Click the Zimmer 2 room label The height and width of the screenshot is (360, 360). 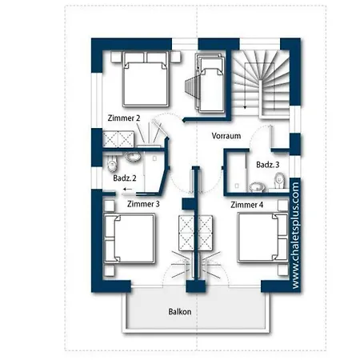[x=124, y=118]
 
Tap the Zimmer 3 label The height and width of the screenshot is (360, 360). [x=143, y=204]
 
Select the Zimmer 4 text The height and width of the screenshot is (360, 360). [x=246, y=205]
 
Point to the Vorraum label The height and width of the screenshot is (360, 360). [x=226, y=136]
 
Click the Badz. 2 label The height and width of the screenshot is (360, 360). [x=125, y=178]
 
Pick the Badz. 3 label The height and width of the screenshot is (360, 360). [x=267, y=165]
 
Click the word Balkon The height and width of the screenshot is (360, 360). [x=180, y=311]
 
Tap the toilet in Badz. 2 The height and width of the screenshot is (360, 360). [x=112, y=164]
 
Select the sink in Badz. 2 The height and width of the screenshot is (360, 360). [x=133, y=157]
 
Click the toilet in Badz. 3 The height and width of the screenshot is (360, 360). [x=279, y=181]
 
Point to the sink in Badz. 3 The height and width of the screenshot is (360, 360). [x=257, y=187]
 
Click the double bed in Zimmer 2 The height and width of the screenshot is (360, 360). [x=146, y=79]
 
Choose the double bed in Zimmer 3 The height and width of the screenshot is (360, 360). [x=130, y=238]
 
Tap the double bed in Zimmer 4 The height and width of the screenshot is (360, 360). [x=263, y=238]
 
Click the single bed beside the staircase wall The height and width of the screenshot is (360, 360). [x=210, y=83]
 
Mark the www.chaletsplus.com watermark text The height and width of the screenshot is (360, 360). [x=295, y=235]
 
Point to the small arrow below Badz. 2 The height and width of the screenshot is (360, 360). [x=128, y=190]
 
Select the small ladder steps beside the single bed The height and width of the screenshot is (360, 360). [x=191, y=87]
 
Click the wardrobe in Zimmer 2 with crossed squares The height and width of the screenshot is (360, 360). [x=118, y=139]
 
